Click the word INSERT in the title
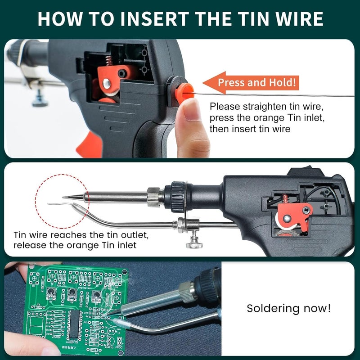click(x=154, y=18)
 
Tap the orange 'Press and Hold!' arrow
click(x=251, y=83)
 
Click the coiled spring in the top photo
click(x=109, y=61)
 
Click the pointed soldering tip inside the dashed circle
click(x=73, y=197)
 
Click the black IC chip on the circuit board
click(x=74, y=324)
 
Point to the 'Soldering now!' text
click(x=288, y=308)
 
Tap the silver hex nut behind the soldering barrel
click(x=154, y=197)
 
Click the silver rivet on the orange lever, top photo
click(x=106, y=83)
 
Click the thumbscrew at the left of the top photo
click(x=40, y=99)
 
